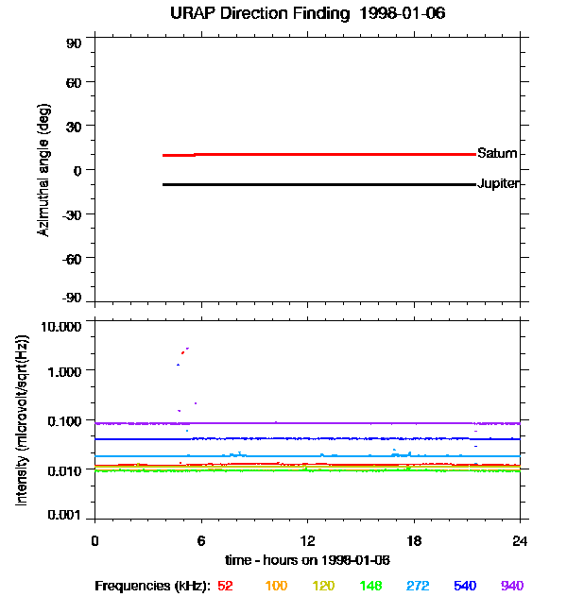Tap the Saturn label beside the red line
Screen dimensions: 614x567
tap(496, 153)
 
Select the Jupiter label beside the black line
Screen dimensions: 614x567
tap(498, 183)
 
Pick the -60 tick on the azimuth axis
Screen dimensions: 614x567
tap(72, 257)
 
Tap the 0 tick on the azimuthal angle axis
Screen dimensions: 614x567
tap(79, 170)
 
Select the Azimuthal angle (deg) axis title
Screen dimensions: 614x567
tap(43, 170)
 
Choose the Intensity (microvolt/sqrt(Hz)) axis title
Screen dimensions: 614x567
tap(21, 420)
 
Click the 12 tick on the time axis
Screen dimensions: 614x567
tap(307, 541)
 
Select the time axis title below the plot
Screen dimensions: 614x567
tap(307, 560)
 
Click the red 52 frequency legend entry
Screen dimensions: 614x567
tap(225, 586)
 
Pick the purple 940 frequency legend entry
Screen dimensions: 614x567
tap(512, 586)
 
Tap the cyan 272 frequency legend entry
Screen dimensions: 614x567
tap(418, 586)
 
